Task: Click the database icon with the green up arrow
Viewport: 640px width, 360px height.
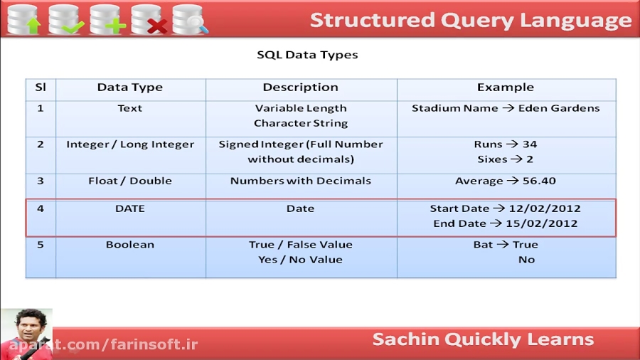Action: tap(23, 18)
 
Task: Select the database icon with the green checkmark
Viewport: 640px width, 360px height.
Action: tap(65, 18)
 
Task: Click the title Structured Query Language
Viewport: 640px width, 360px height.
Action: tap(470, 20)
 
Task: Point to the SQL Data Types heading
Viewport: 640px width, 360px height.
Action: tap(307, 55)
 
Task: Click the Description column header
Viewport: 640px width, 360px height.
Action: tap(300, 88)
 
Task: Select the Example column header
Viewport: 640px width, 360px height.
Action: tap(505, 88)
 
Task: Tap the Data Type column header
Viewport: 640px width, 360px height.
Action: tap(129, 88)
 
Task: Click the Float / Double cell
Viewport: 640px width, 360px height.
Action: tap(129, 181)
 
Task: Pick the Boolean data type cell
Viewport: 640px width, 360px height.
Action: tap(129, 245)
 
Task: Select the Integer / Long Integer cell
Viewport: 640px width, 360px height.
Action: tap(129, 144)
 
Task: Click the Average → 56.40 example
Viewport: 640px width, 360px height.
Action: tap(505, 181)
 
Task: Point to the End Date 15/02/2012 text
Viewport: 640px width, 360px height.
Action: tap(505, 223)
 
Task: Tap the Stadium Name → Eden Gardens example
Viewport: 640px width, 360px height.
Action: tap(505, 108)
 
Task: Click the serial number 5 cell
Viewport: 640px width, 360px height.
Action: tap(40, 245)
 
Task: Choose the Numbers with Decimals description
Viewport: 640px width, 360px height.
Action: tap(300, 181)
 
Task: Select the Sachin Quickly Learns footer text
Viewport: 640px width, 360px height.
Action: tap(483, 339)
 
